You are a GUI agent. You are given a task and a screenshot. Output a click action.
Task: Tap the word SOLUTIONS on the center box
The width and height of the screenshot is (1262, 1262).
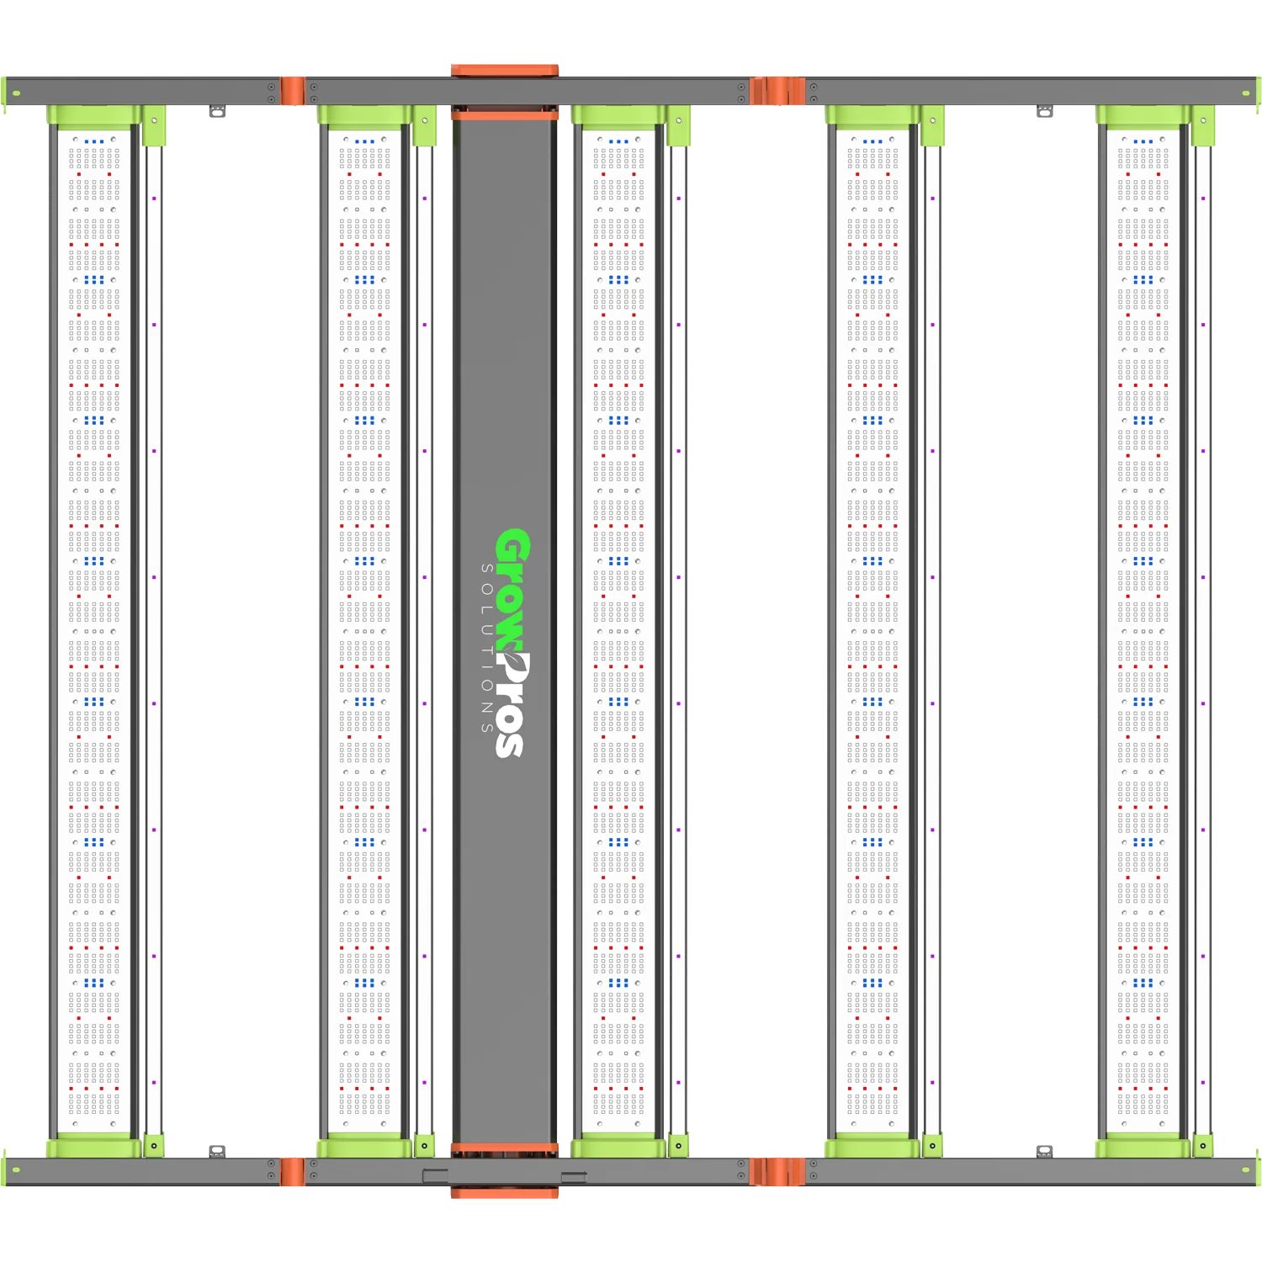pos(487,648)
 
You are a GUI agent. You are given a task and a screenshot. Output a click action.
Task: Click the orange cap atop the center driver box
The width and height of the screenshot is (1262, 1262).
pos(505,71)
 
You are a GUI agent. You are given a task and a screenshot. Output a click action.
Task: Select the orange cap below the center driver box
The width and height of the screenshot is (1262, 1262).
pos(505,1192)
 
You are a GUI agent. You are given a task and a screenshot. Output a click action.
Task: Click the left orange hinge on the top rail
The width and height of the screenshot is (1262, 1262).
pos(292,91)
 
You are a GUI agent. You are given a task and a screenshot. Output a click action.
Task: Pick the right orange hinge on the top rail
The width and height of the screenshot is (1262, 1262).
pos(778,91)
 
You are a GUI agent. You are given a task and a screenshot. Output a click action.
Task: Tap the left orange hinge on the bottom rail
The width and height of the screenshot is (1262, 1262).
pos(292,1172)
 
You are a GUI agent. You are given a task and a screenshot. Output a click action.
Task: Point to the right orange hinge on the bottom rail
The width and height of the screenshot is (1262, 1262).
pos(778,1172)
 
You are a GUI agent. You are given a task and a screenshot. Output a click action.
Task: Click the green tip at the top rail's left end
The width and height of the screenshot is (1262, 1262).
pos(4,93)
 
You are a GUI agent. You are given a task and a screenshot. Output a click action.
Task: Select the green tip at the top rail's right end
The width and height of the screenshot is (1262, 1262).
pos(1258,93)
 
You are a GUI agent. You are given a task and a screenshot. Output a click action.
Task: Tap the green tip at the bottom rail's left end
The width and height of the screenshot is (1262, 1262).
pos(4,1170)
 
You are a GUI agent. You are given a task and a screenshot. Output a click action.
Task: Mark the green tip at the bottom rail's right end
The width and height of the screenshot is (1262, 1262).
pos(1258,1170)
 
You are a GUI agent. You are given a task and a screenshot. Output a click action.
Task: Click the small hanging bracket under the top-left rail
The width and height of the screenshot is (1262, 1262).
pos(217,111)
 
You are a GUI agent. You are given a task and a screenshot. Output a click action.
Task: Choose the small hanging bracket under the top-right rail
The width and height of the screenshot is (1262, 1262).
pos(1045,111)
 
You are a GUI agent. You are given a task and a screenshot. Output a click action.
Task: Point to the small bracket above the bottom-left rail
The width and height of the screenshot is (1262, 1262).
pos(217,1151)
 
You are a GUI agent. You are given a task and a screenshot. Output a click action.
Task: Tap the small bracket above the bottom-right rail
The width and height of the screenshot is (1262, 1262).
pos(1045,1151)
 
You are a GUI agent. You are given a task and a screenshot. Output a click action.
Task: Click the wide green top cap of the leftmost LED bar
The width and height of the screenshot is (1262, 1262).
pos(94,115)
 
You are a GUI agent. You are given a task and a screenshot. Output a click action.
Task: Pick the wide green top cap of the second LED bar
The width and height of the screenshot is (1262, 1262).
pos(365,115)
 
